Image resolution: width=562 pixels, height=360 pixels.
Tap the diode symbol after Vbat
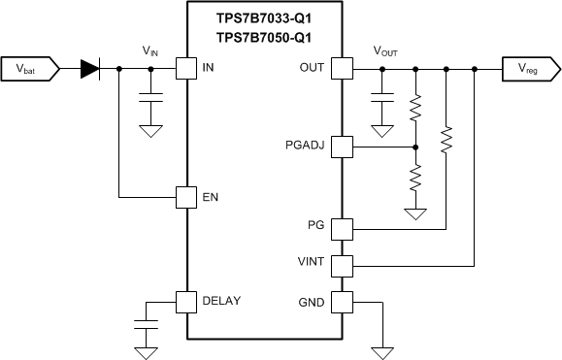pyautogui.click(x=90, y=69)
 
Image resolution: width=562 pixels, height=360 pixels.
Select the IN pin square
pyautogui.click(x=185, y=69)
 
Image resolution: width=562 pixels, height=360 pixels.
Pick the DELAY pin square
pyautogui.click(x=185, y=302)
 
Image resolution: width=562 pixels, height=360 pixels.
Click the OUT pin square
pyautogui.click(x=341, y=69)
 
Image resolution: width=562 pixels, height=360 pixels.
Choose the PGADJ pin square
pyautogui.click(x=341, y=147)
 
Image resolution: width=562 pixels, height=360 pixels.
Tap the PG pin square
pyautogui.click(x=341, y=229)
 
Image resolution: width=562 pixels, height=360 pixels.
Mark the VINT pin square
pyautogui.click(x=341, y=264)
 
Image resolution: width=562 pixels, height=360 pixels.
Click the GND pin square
pyautogui.click(x=341, y=302)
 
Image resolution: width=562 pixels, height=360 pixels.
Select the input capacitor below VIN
pyautogui.click(x=150, y=99)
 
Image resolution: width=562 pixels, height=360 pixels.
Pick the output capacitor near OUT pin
pyautogui.click(x=383, y=99)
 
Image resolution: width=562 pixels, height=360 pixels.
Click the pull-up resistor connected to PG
pyautogui.click(x=446, y=142)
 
